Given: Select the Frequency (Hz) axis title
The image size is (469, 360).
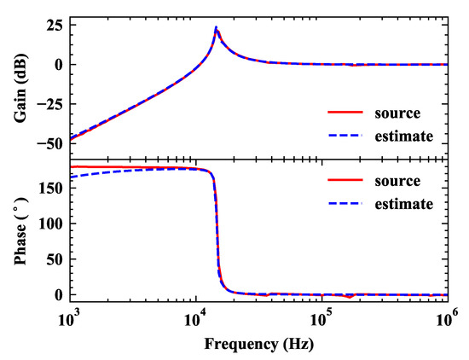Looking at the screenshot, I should pyautogui.click(x=259, y=345).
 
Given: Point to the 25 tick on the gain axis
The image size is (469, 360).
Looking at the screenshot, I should pyautogui.click(x=54, y=25).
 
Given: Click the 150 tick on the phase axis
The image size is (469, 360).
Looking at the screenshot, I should pyautogui.click(x=50, y=188).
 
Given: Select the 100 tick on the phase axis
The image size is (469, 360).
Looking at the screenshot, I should pyautogui.click(x=50, y=224).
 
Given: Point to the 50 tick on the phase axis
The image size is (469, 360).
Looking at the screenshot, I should pyautogui.click(x=54, y=259).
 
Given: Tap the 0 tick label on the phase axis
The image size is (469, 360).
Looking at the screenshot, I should pyautogui.click(x=59, y=295).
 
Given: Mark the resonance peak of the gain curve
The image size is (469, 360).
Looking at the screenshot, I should pyautogui.click(x=217, y=27).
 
